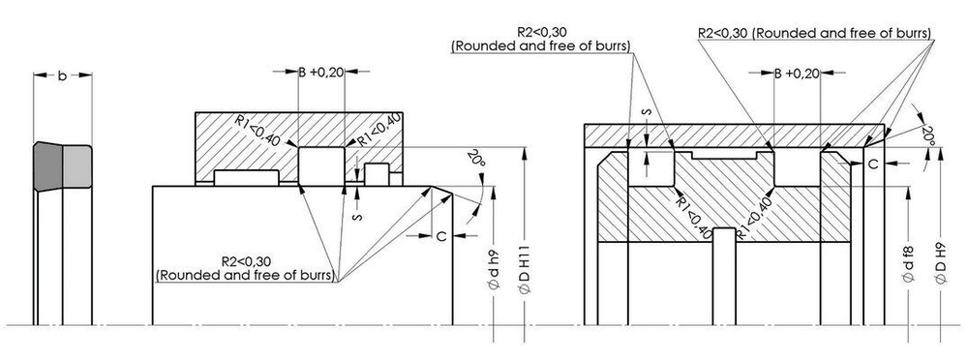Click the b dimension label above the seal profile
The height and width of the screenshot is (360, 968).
(x=62, y=75)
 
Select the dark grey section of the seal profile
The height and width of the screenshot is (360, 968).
(x=48, y=166)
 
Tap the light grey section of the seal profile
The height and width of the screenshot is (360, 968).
(x=77, y=166)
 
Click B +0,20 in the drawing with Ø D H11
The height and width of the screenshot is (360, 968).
(x=321, y=73)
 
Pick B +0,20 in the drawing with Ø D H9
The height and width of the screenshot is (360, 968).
(x=797, y=74)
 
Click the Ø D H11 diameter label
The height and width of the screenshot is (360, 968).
(x=525, y=272)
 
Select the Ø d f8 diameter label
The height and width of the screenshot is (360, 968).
(x=908, y=264)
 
